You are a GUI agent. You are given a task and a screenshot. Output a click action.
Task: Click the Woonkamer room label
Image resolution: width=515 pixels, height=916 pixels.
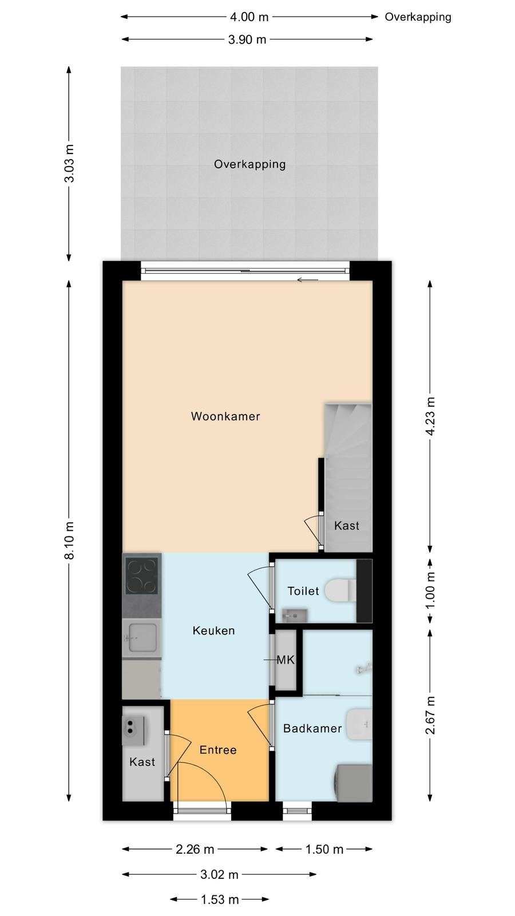pyautogui.click(x=225, y=416)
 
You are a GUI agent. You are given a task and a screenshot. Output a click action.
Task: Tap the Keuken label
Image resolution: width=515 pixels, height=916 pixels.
pyautogui.click(x=213, y=630)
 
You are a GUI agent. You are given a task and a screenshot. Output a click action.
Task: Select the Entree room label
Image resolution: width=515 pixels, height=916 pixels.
pyautogui.click(x=218, y=749)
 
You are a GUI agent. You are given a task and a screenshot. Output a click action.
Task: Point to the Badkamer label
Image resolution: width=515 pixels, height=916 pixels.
pyautogui.click(x=312, y=728)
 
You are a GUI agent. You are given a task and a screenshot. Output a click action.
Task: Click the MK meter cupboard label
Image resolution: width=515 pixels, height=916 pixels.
pyautogui.click(x=286, y=660)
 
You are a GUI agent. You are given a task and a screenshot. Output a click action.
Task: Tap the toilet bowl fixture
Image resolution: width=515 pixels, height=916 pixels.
pyautogui.click(x=340, y=590)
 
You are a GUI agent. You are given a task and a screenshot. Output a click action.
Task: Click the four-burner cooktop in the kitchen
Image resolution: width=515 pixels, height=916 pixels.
pyautogui.click(x=142, y=576)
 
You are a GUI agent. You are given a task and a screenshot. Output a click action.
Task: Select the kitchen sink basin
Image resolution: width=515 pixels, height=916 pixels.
pyautogui.click(x=142, y=638)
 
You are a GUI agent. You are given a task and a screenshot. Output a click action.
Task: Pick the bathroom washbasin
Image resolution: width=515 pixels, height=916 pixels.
pyautogui.click(x=359, y=724)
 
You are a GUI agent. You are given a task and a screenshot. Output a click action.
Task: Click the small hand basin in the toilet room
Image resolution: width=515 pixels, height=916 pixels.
pyautogui.click(x=295, y=615)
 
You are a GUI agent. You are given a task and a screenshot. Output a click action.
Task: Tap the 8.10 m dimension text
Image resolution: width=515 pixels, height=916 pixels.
pyautogui.click(x=70, y=540)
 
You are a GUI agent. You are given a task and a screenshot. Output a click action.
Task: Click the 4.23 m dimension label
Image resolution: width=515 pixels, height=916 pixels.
pyautogui.click(x=430, y=416)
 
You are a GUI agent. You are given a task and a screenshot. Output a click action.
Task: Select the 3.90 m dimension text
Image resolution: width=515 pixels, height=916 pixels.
pyautogui.click(x=247, y=40)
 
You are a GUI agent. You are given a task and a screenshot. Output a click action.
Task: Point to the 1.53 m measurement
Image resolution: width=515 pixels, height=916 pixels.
pyautogui.click(x=220, y=899)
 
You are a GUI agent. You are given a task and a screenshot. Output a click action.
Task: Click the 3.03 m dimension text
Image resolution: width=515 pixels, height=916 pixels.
pyautogui.click(x=70, y=164)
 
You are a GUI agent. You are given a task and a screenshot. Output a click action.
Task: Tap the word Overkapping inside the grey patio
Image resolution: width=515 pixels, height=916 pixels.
pyautogui.click(x=249, y=164)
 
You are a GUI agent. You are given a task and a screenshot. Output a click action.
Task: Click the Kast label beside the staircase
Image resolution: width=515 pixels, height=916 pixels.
pyautogui.click(x=347, y=526)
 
